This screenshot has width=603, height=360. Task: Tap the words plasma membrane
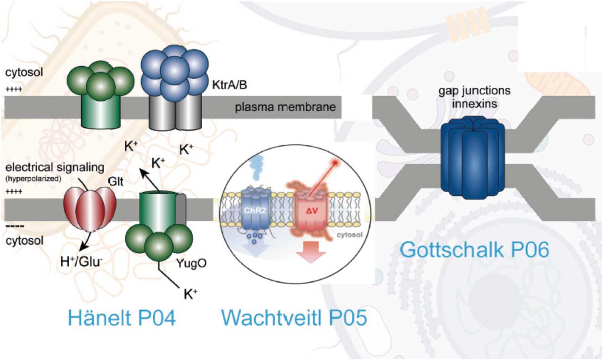tap(286, 107)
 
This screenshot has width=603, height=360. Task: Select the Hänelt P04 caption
tap(121, 318)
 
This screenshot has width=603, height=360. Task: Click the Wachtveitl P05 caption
tap(294, 318)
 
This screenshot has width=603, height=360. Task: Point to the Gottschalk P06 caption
tap(474, 249)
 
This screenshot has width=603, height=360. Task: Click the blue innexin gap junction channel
tap(473, 155)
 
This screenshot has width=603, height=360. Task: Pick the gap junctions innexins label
tap(473, 96)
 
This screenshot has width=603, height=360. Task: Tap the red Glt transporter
tap(90, 208)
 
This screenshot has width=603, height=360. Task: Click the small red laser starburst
tap(335, 163)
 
